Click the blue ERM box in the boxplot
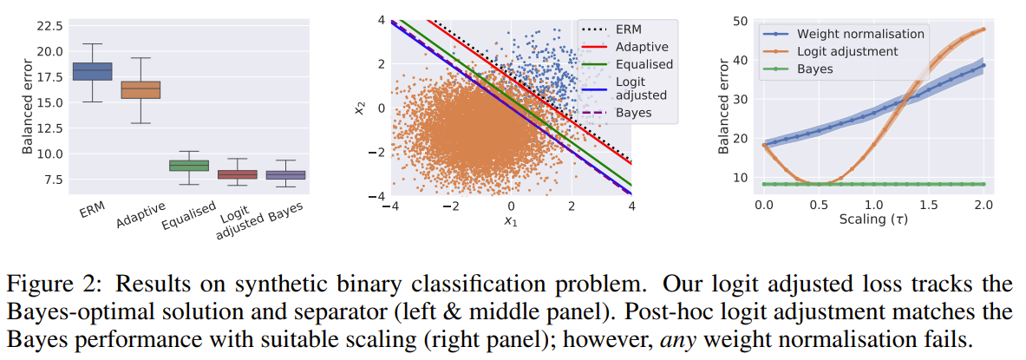91,71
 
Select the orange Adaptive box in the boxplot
140,89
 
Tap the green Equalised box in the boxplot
188,166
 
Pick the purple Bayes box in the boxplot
284,175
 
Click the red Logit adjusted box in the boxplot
237,174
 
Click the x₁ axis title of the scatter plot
510,222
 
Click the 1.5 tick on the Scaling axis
928,204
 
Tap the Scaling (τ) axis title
873,219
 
